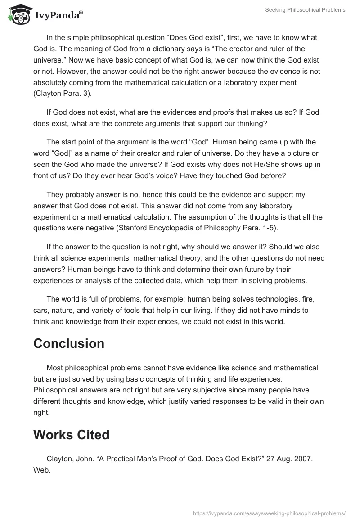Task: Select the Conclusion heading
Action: click(x=69, y=343)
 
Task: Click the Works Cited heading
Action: click(x=72, y=435)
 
